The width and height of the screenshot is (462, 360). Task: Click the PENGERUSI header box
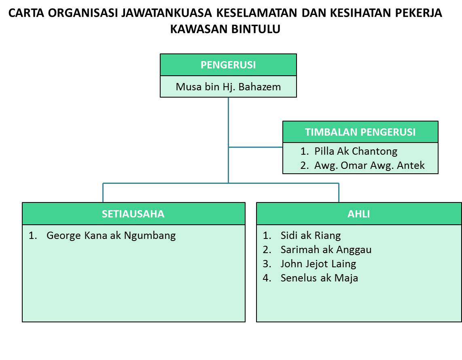pos(228,65)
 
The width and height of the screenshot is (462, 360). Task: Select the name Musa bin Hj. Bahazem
pos(228,87)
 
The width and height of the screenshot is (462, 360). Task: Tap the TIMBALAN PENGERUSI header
pos(360,132)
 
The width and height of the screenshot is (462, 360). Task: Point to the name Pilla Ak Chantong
pos(356,151)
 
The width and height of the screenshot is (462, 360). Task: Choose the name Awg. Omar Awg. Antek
pos(369,165)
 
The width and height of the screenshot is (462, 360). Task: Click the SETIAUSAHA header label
pos(133,214)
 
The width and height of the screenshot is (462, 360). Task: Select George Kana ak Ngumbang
pos(111,236)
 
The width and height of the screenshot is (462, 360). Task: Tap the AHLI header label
pos(358,214)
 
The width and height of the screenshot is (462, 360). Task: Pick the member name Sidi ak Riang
pos(311,235)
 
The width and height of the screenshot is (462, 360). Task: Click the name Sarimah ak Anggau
pos(326,250)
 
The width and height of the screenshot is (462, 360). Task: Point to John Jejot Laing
pos(318,264)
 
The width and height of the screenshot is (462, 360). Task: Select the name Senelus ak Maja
pos(319,278)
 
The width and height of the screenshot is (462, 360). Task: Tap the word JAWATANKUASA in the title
pos(166,13)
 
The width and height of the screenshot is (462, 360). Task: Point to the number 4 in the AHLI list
pos(266,278)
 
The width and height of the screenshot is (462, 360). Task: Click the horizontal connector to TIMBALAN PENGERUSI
pos(255,147)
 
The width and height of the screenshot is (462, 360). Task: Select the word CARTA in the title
pos(26,13)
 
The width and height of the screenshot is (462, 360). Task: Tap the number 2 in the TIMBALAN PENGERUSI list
pos(303,165)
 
